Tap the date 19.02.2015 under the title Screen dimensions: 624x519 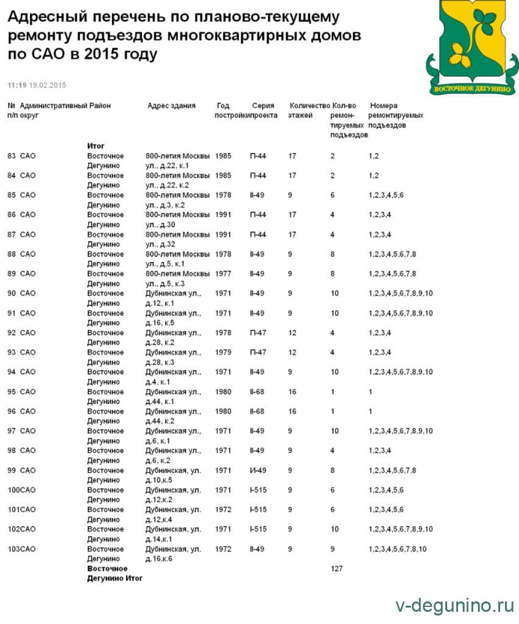(48, 84)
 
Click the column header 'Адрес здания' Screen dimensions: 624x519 (171, 105)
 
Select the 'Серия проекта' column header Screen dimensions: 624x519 (263, 110)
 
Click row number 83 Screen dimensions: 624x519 (12, 156)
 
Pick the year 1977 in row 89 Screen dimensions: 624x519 (224, 274)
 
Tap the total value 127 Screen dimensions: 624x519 (336, 569)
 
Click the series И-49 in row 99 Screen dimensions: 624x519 (257, 470)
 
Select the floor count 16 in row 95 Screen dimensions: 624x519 (292, 392)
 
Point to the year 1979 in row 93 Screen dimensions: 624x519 (224, 352)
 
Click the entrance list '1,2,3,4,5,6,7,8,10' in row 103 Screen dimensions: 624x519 (397, 549)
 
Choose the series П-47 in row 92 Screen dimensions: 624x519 (258, 333)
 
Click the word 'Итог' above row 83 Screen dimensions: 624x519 (96, 146)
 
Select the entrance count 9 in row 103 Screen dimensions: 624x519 (333, 549)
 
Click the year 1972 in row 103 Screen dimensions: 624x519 (224, 549)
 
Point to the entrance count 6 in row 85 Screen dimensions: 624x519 (333, 195)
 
